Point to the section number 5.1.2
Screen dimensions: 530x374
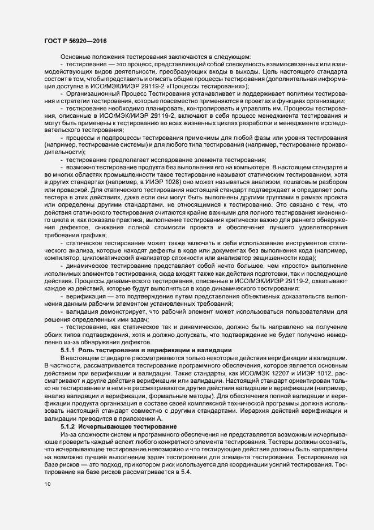point(68,410)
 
